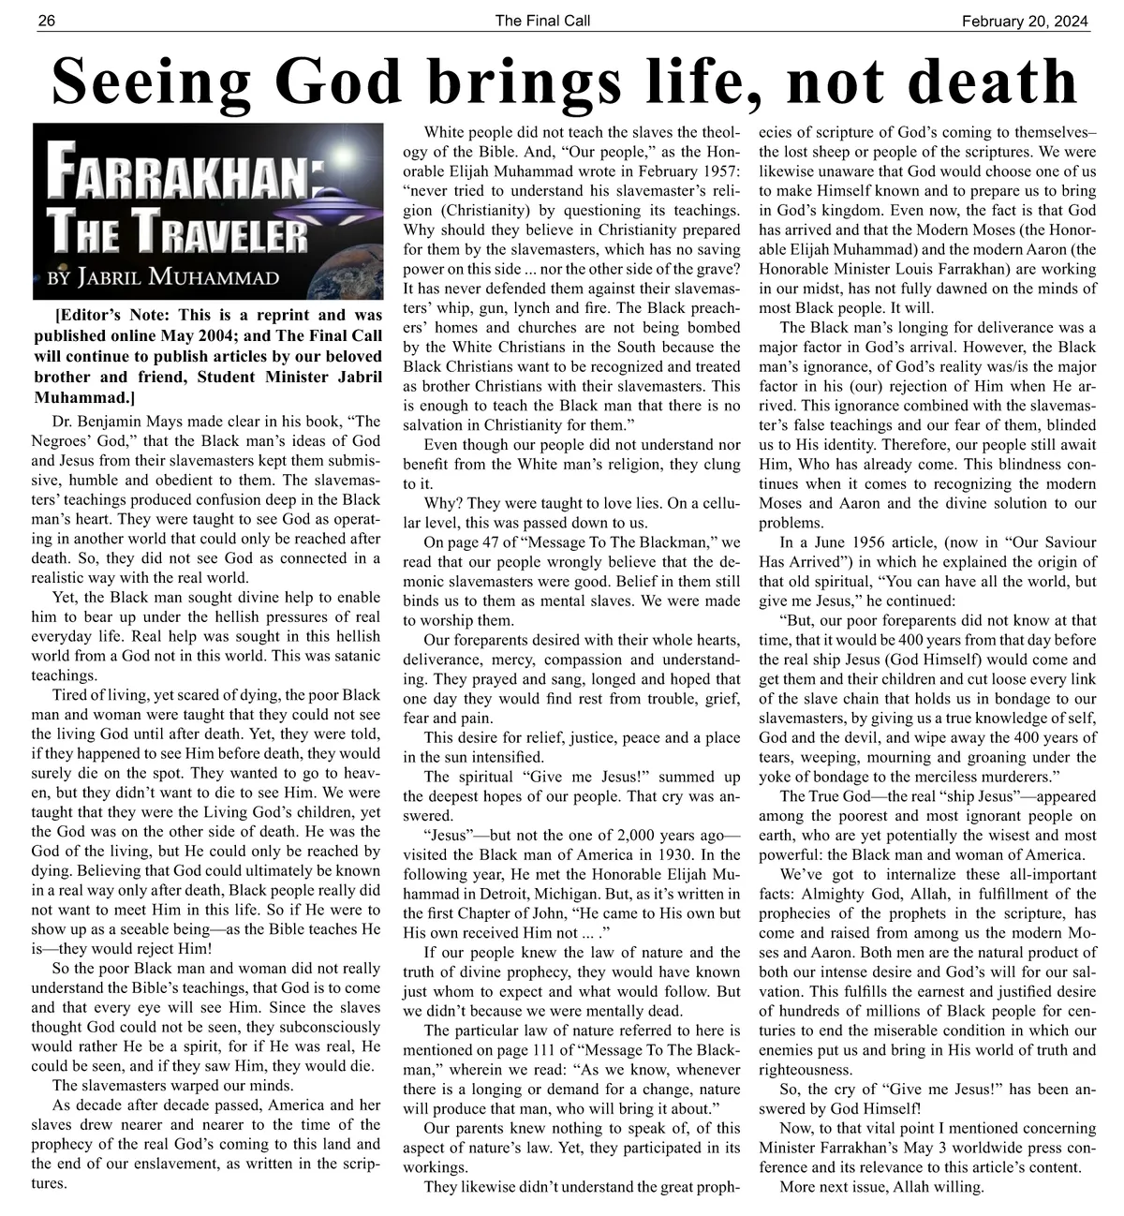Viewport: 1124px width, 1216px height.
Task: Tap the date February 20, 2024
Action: [x=1026, y=21]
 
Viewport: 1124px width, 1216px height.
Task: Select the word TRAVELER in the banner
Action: [x=220, y=230]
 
